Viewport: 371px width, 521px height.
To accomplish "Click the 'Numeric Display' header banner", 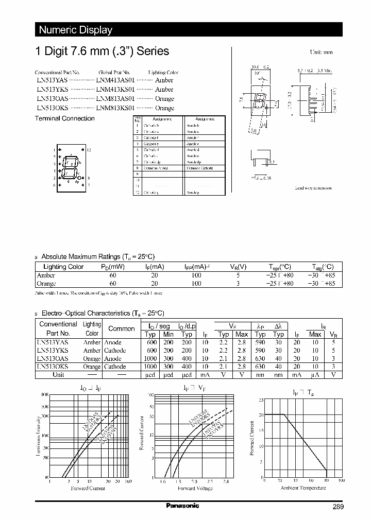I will (x=76, y=30).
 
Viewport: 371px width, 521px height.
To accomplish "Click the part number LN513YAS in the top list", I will (x=51, y=80).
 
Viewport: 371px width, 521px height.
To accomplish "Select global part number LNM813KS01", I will (x=115, y=108).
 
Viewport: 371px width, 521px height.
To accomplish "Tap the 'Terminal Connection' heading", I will (x=64, y=118).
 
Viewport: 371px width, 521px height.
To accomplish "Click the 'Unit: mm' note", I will (x=321, y=53).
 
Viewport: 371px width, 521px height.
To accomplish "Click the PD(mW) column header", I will (x=113, y=267).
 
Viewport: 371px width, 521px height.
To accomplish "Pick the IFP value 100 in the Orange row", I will (x=196, y=284).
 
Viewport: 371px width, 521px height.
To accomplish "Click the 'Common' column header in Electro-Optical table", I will (x=122, y=328).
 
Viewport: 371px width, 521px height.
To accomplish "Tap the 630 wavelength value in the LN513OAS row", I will (x=260, y=358).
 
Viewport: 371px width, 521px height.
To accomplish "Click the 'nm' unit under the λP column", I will (x=260, y=375).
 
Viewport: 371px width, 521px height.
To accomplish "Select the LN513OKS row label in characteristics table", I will (x=53, y=367).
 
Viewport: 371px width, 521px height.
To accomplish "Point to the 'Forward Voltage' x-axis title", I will (x=195, y=488).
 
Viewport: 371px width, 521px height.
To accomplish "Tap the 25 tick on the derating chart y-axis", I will (x=261, y=400).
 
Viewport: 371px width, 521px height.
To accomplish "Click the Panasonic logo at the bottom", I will (x=182, y=506).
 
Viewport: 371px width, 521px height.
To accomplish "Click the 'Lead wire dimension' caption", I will (x=313, y=188).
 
